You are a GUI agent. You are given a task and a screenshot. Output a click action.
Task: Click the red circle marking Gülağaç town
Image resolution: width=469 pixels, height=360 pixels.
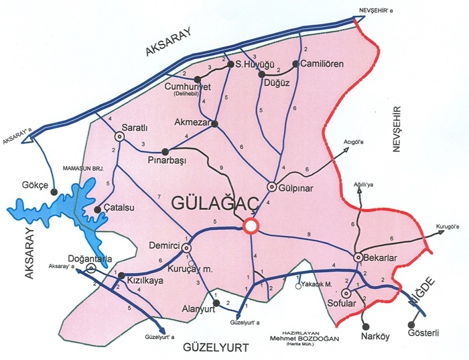point(251,226)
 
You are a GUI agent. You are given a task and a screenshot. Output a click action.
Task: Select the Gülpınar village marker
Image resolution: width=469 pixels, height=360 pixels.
point(272,186)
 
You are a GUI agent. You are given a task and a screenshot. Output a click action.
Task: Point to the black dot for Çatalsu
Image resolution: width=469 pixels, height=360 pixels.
point(98,209)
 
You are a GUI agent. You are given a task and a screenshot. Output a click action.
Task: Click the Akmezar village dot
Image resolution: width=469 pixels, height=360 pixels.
point(216,123)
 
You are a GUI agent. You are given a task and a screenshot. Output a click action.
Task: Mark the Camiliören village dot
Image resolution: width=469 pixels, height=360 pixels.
point(294,64)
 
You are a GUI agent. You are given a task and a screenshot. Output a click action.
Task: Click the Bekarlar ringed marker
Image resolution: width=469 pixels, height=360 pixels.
point(358,257)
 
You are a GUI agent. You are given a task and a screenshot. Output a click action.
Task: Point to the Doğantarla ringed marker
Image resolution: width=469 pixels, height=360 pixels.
point(91,267)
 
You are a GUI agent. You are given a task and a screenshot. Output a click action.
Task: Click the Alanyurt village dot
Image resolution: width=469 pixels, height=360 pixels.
point(216,295)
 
